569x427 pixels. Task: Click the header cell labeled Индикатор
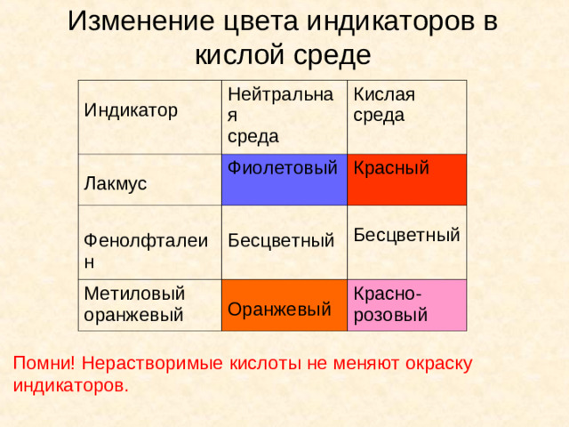tap(131, 110)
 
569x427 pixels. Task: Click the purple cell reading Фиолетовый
tap(284, 167)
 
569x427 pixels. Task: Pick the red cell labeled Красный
tap(392, 167)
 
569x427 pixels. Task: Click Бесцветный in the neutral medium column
tap(281, 239)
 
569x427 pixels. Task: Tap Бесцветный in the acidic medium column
tap(406, 235)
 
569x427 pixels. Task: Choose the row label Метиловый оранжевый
tap(134, 303)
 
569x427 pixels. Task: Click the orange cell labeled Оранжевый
tap(279, 309)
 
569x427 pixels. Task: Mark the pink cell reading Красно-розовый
tap(390, 304)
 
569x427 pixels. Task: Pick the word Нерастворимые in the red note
tap(144, 363)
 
